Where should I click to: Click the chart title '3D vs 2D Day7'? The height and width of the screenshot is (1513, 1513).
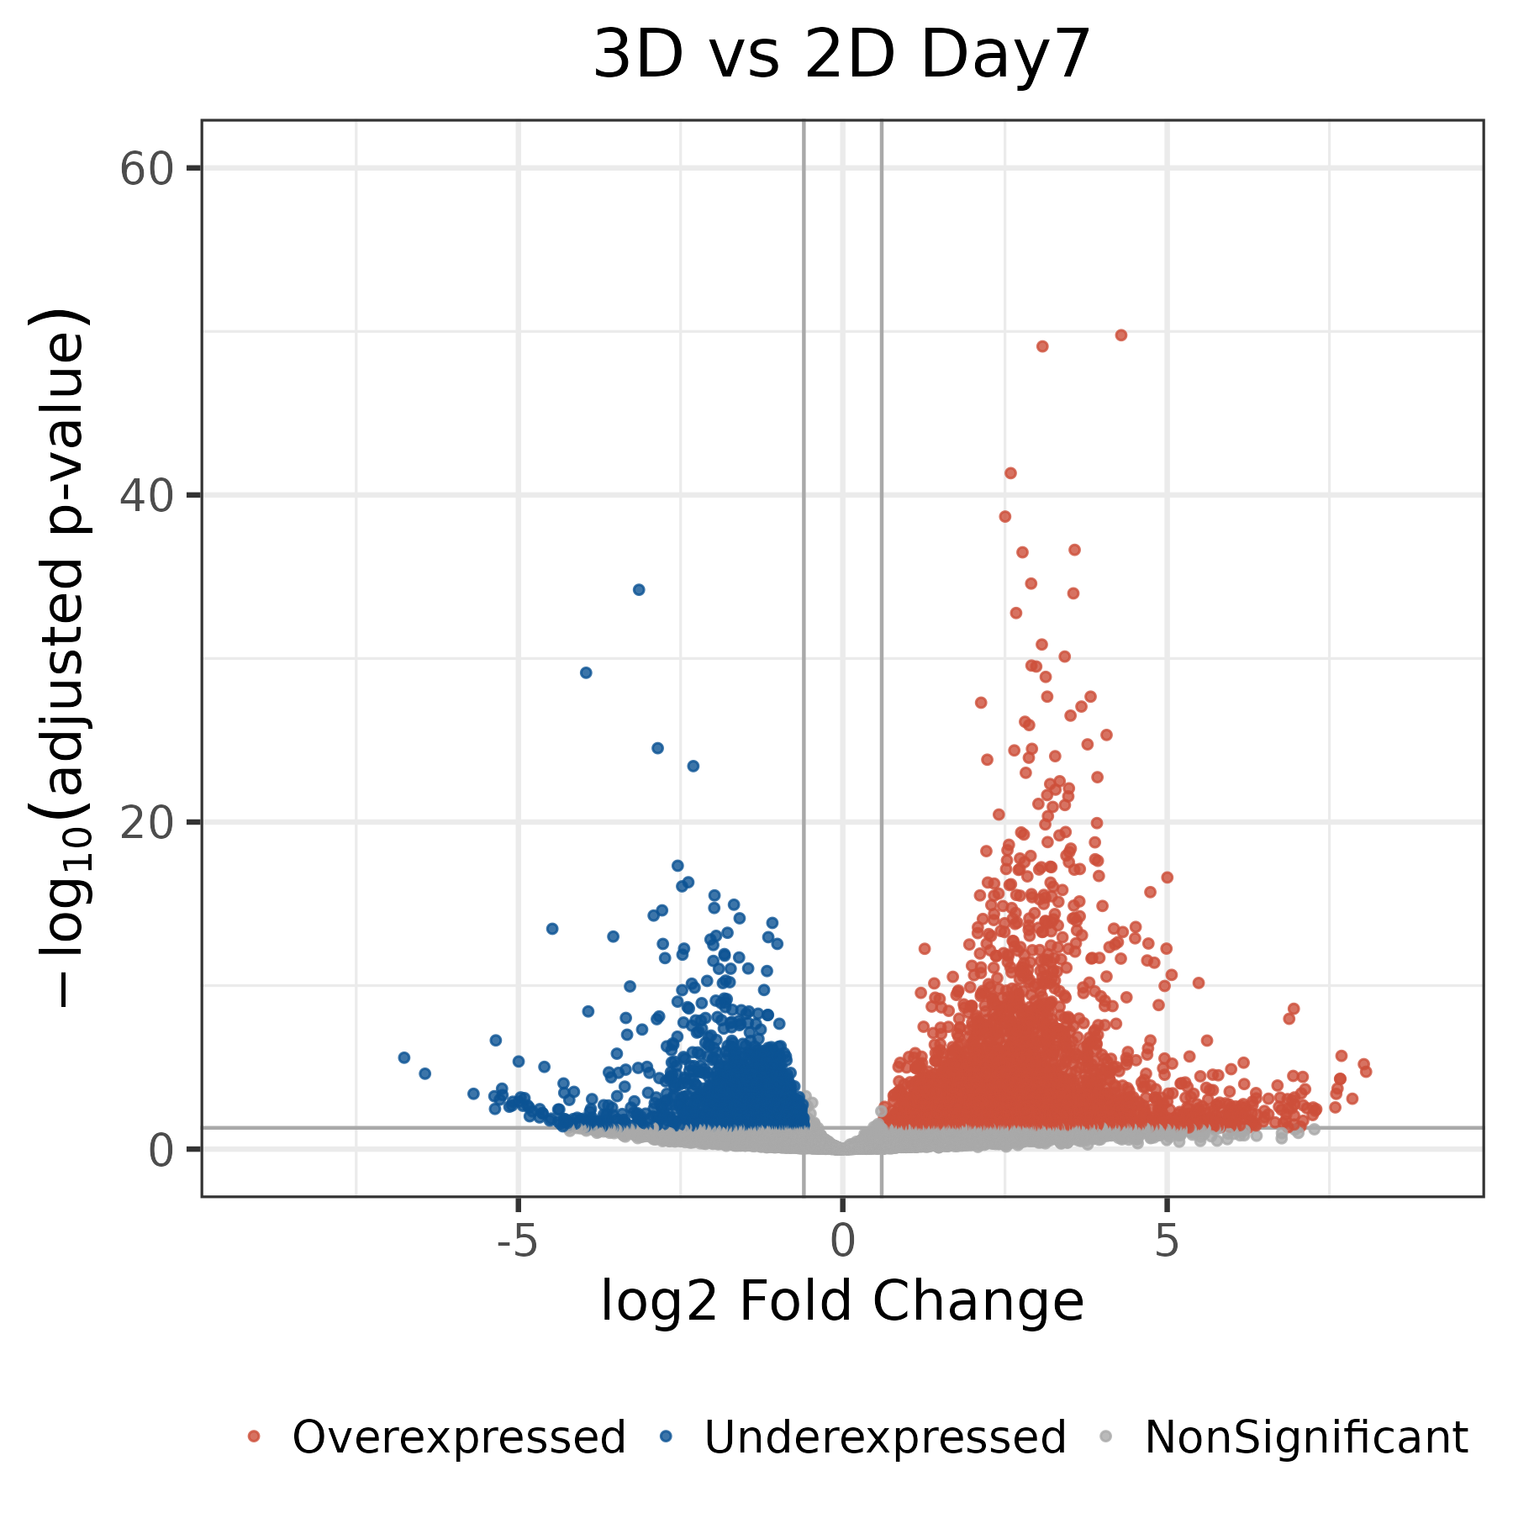841,55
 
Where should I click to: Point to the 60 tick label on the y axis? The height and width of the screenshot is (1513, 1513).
146,169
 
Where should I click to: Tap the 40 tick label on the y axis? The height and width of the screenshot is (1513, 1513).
146,496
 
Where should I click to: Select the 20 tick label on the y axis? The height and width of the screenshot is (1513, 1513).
146,823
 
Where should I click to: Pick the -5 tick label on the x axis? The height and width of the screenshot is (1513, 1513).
517,1241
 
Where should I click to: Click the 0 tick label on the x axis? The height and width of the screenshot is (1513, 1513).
842,1241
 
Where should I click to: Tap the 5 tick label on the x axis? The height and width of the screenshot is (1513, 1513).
1167,1241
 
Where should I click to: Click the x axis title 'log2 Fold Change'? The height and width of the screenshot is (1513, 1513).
841,1302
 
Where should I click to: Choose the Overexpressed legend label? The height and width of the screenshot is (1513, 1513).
459,1437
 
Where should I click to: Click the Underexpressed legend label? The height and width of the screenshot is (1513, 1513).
885,1437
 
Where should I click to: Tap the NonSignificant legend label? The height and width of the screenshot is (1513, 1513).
1306,1437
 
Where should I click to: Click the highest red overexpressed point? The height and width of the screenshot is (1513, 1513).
1120,335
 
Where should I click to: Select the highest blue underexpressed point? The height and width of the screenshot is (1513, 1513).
639,590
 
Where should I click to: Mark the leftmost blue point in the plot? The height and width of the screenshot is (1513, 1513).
403,1057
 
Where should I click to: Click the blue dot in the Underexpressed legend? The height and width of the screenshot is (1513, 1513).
667,1437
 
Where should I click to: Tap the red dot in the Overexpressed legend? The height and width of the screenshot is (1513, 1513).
254,1437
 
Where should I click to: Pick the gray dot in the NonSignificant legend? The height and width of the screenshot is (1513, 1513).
1107,1437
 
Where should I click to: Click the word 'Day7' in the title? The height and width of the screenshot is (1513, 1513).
1005,55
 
